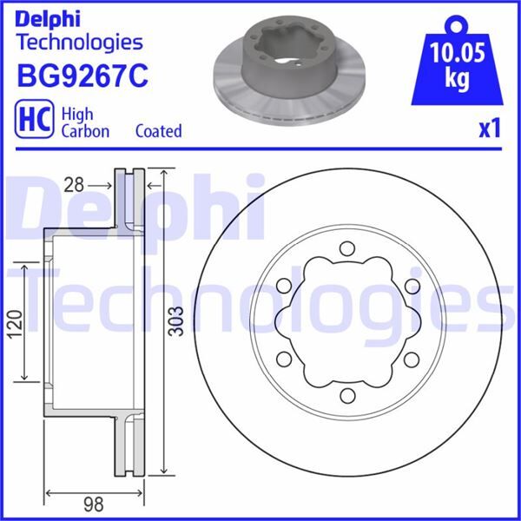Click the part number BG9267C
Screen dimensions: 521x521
pyautogui.click(x=82, y=77)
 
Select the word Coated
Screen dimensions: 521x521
pyautogui.click(x=159, y=131)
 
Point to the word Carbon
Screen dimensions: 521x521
pyautogui.click(x=85, y=131)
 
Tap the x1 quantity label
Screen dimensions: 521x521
pyautogui.click(x=491, y=129)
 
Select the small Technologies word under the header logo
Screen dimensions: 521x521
pyautogui.click(x=79, y=41)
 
